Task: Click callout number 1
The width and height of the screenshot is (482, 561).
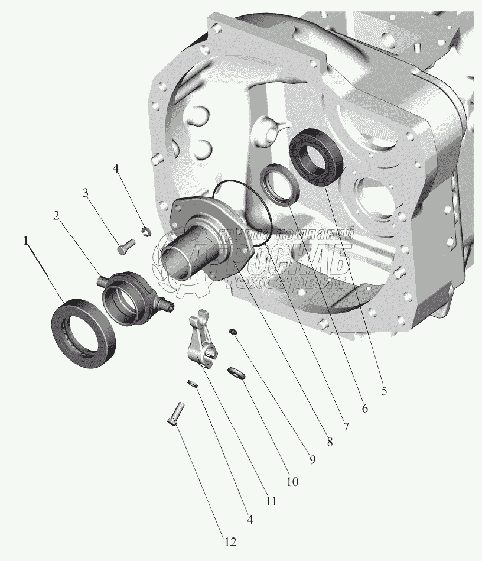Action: [26, 242]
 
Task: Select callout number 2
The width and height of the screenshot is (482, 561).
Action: [56, 216]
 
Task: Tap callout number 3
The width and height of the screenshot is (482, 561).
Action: [86, 193]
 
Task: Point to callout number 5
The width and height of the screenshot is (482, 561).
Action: [384, 391]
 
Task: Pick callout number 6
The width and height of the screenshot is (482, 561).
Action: [364, 408]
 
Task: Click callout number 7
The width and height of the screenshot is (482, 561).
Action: [346, 427]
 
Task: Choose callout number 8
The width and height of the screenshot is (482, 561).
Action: [330, 442]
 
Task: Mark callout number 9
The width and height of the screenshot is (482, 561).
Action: [312, 460]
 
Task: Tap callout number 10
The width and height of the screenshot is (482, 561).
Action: [292, 482]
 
